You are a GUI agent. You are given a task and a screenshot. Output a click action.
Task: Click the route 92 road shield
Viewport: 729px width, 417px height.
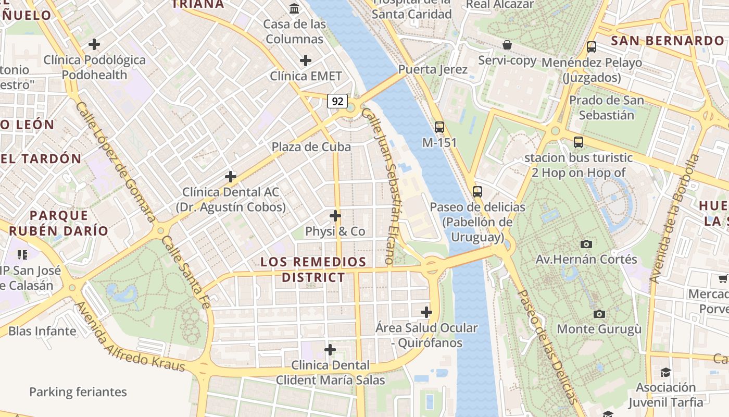tap(337, 101)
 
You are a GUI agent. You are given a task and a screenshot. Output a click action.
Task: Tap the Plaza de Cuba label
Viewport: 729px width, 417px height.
tap(311, 147)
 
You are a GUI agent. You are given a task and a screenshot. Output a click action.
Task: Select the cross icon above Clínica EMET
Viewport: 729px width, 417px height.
tap(306, 60)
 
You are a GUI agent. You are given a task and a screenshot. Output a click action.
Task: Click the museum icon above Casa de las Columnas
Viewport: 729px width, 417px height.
tap(294, 8)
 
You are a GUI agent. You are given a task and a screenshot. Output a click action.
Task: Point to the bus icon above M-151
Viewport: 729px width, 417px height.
tap(439, 127)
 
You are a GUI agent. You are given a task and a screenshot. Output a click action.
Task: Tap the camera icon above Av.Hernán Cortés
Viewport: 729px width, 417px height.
tap(586, 244)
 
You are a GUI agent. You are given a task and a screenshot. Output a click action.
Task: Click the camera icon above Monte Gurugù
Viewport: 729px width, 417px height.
tap(599, 314)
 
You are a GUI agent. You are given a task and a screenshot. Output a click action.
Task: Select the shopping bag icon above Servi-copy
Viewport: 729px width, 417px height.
tap(507, 45)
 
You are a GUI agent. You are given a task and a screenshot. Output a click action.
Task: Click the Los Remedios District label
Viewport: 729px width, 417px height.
tap(313, 269)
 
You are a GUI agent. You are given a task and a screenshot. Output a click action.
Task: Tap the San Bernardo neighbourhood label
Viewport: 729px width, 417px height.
tap(667, 41)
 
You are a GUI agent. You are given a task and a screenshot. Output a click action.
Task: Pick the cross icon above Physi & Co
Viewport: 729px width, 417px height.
tap(335, 216)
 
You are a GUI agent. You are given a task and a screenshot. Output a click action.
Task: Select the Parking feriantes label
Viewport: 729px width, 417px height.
tap(78, 392)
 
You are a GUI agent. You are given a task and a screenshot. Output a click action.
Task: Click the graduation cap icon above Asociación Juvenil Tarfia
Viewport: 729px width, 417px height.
tap(665, 372)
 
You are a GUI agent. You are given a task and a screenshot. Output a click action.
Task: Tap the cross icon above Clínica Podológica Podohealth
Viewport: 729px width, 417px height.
tap(94, 44)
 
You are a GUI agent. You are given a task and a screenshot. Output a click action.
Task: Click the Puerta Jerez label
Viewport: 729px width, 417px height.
tap(433, 69)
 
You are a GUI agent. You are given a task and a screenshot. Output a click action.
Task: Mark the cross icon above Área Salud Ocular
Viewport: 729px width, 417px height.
tap(426, 312)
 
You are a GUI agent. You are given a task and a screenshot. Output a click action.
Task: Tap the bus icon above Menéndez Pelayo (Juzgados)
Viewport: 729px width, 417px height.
tap(592, 47)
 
